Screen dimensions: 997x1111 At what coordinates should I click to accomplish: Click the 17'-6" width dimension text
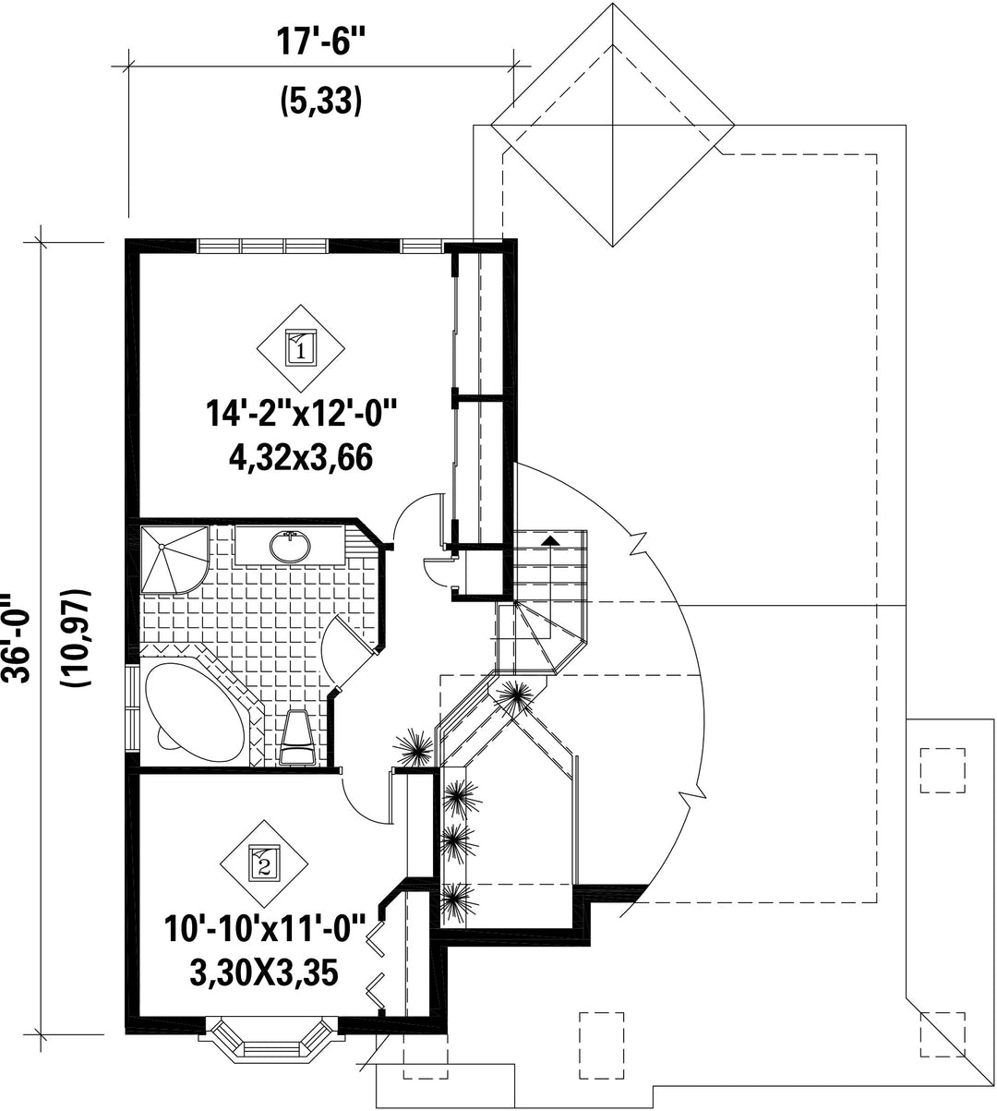click(x=320, y=42)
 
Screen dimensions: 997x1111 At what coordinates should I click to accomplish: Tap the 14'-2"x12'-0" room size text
click(x=300, y=414)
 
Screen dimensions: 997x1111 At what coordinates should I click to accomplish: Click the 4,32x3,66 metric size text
click(x=300, y=458)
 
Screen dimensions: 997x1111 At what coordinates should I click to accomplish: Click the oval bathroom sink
click(x=291, y=546)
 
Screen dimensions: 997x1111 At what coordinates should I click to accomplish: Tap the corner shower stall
click(x=174, y=560)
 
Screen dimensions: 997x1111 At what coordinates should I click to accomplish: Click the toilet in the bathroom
click(x=296, y=737)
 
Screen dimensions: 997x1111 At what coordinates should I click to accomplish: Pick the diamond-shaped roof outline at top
click(x=612, y=125)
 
